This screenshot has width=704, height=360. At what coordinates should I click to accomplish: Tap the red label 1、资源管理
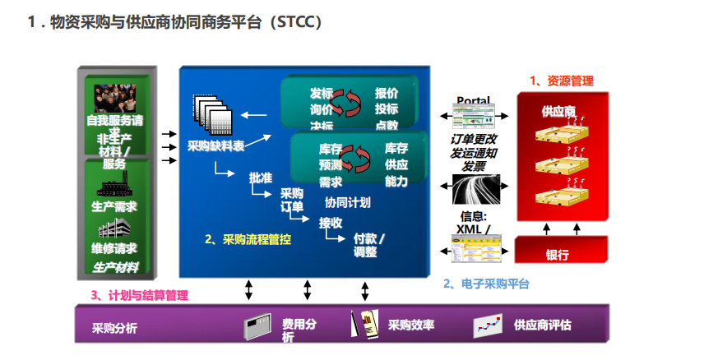tap(562, 81)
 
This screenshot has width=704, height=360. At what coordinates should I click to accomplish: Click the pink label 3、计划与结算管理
tap(139, 295)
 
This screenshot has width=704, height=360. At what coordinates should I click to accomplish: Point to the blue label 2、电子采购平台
tap(486, 284)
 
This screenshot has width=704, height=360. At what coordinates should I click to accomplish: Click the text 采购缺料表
tap(215, 146)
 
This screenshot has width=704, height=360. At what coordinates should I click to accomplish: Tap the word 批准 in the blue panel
tap(260, 178)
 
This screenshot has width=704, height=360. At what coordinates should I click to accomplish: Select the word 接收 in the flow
tap(331, 222)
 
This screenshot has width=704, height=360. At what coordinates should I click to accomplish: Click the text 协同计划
tap(347, 202)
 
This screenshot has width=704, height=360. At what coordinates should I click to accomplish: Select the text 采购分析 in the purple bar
tap(115, 329)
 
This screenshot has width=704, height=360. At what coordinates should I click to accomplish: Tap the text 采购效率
tap(410, 325)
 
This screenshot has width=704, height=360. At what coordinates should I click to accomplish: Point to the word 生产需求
tap(114, 206)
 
